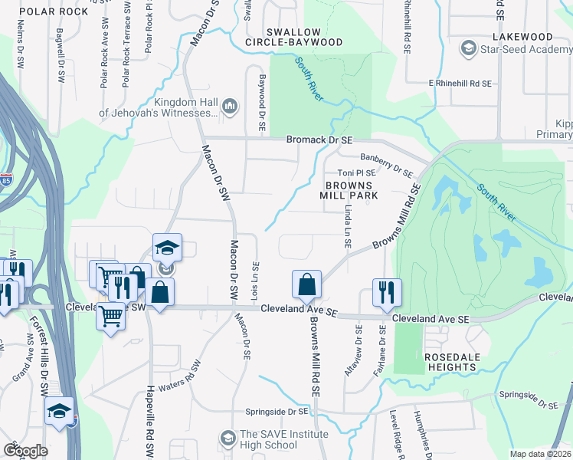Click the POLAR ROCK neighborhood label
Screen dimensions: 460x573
[x=53, y=12]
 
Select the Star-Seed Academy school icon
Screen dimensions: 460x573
[x=467, y=50]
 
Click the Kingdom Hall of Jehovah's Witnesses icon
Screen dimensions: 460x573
[x=230, y=106]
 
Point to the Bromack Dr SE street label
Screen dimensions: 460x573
[x=319, y=140]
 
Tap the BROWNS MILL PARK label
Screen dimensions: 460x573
[x=352, y=190]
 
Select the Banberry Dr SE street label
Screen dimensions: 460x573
[x=386, y=164]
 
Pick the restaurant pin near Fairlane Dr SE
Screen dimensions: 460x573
[x=386, y=292]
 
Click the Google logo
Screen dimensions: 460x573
[x=25, y=451]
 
